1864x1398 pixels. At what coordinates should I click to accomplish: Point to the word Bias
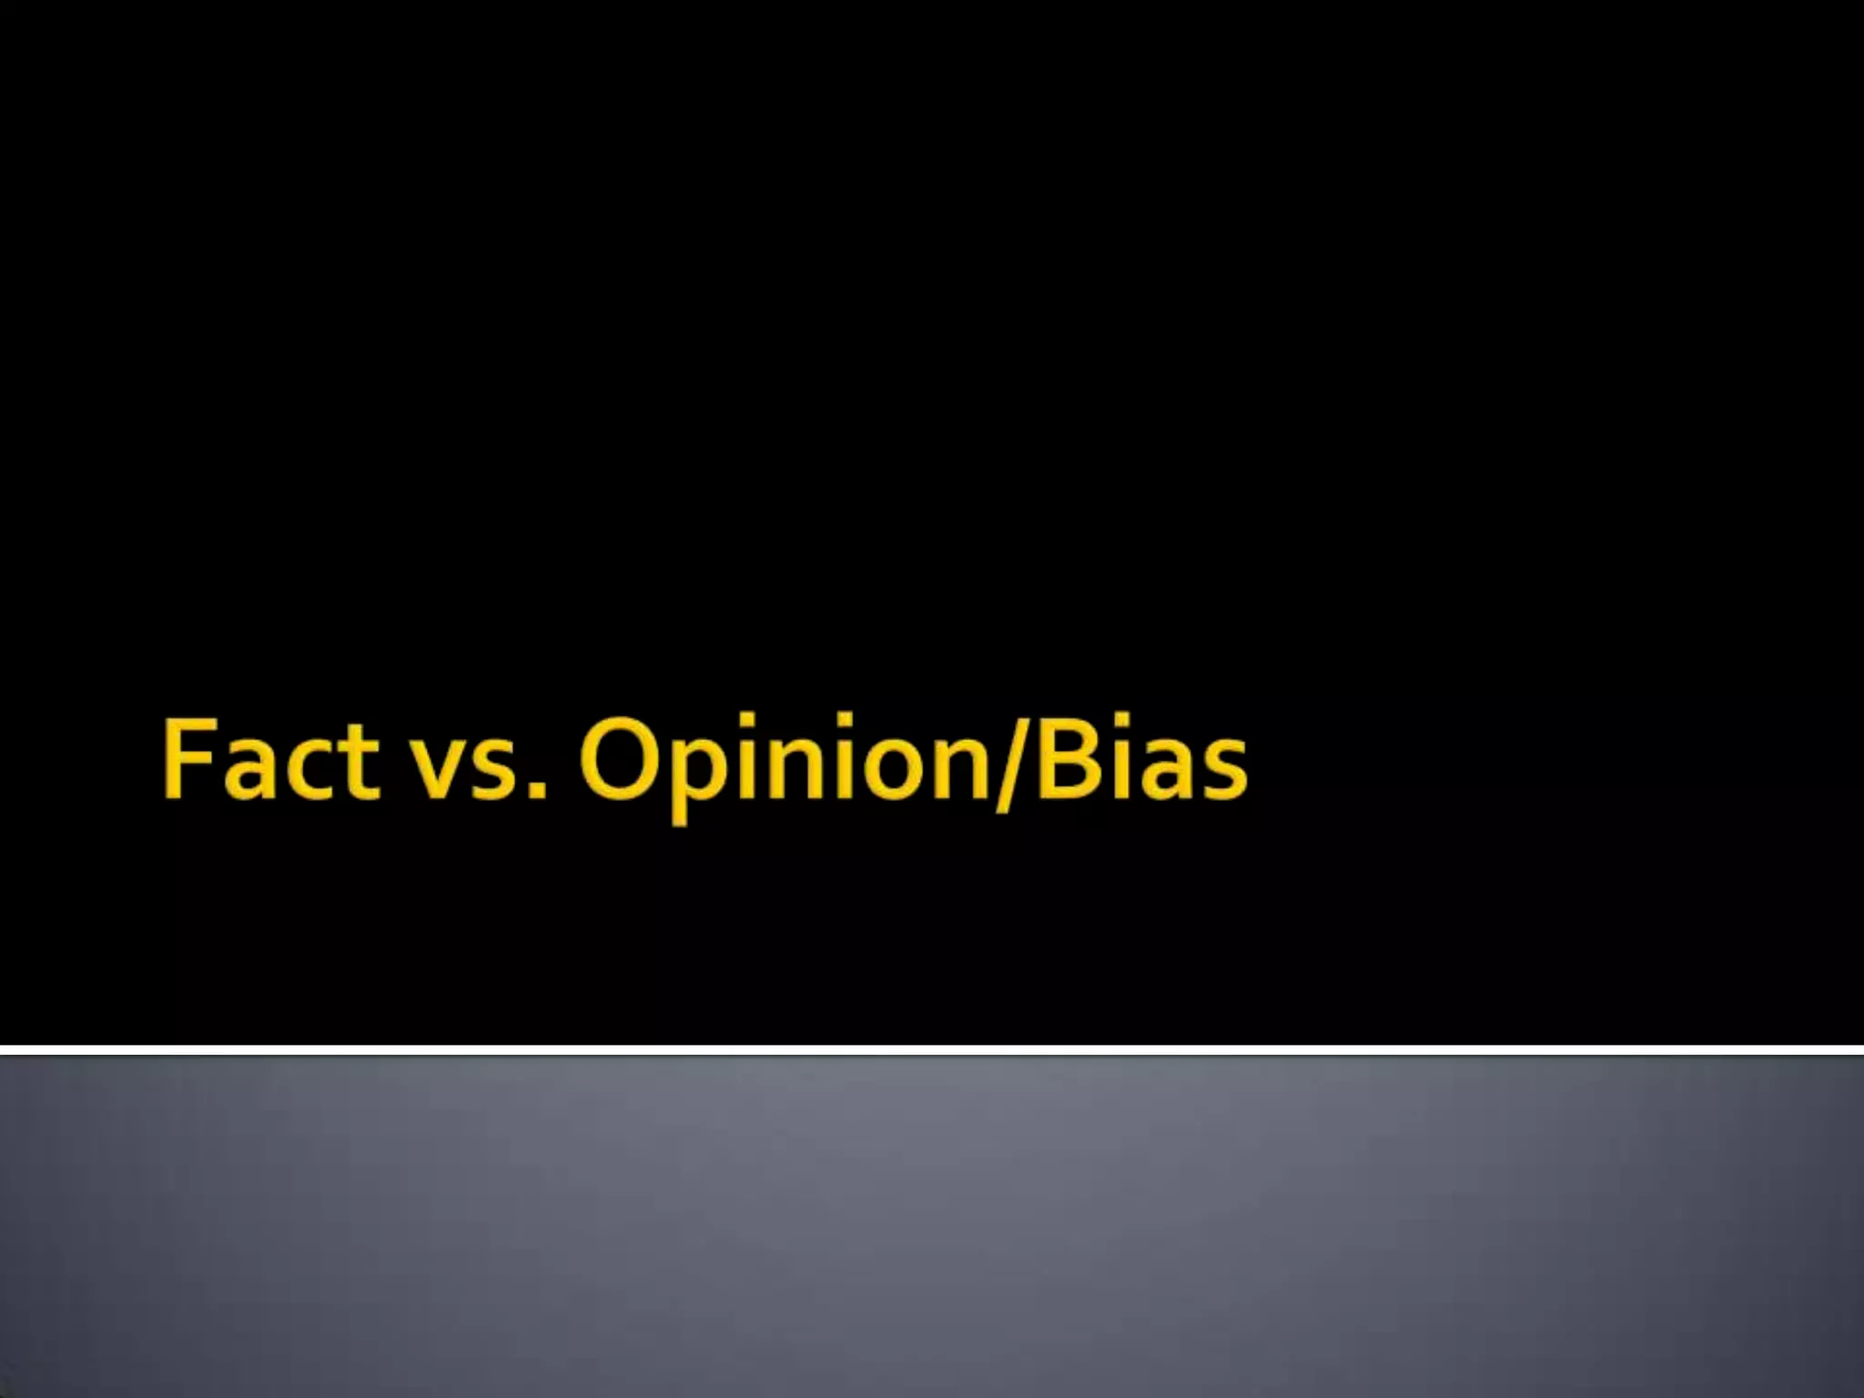click(x=1138, y=759)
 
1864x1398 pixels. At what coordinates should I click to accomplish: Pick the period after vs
click(x=536, y=792)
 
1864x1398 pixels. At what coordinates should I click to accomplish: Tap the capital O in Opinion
click(x=620, y=759)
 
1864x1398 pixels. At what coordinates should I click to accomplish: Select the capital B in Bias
click(x=1059, y=759)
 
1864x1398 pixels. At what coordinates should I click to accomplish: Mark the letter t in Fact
click(x=359, y=763)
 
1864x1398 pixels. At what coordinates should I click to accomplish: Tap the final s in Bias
click(x=1222, y=772)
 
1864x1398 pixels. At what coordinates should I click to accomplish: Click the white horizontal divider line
click(x=932, y=1049)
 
